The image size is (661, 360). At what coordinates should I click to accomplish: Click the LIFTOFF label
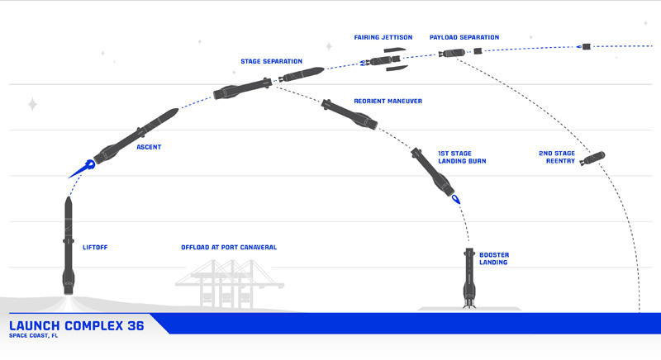click(x=96, y=247)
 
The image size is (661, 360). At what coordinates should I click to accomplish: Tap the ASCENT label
click(x=149, y=147)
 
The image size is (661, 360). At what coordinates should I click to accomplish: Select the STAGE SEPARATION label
click(x=271, y=61)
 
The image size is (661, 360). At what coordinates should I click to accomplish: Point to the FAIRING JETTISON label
click(x=383, y=37)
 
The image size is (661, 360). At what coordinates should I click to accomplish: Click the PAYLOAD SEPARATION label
click(x=464, y=37)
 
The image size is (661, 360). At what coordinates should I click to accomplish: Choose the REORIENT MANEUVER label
click(x=388, y=101)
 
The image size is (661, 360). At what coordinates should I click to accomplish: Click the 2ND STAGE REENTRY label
click(x=557, y=157)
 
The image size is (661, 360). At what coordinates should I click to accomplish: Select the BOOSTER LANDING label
click(x=493, y=258)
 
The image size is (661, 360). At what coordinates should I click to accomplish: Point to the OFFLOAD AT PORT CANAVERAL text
click(x=229, y=247)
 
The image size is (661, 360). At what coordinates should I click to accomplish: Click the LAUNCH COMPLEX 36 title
click(x=76, y=325)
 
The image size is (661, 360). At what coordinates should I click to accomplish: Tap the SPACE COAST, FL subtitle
click(x=35, y=337)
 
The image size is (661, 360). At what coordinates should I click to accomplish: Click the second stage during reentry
click(x=592, y=157)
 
